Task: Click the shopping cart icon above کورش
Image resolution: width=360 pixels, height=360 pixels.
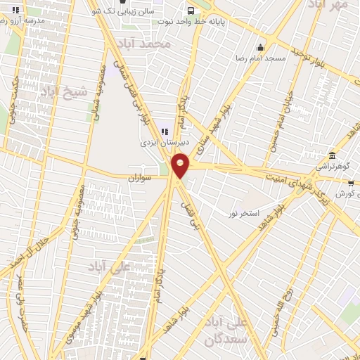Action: (350, 184)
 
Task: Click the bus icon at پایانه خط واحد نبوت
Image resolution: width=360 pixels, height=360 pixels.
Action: (191, 10)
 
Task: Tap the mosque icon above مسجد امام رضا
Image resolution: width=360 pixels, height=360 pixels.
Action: (261, 48)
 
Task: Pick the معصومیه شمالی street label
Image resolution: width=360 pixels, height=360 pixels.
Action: (98, 91)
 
